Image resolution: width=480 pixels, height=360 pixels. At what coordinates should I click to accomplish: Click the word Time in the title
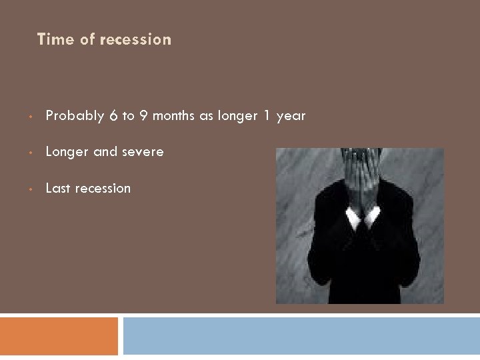click(x=55, y=39)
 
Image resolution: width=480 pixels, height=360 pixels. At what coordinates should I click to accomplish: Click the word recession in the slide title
click(x=135, y=39)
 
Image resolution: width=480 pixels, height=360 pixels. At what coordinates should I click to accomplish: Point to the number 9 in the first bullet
click(x=143, y=116)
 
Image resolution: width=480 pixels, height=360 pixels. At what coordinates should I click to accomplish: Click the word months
click(x=174, y=116)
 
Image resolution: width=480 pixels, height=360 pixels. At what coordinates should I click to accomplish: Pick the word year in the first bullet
click(x=291, y=116)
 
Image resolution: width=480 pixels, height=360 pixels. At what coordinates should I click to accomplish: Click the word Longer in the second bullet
click(x=67, y=152)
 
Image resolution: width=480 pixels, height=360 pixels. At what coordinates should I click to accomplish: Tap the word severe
click(x=142, y=152)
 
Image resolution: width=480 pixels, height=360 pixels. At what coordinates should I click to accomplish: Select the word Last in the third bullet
click(x=58, y=189)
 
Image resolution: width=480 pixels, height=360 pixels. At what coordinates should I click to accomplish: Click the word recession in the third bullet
click(x=103, y=189)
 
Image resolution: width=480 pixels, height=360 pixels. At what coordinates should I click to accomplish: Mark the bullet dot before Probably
click(x=31, y=117)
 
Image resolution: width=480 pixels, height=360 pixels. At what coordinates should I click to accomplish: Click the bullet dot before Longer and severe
click(x=31, y=153)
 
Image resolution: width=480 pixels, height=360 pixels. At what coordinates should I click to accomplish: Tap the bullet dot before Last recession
click(x=31, y=190)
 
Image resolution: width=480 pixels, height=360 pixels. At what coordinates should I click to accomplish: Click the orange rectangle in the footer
click(x=59, y=336)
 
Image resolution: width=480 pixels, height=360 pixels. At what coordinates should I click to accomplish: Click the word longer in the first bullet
click(x=233, y=116)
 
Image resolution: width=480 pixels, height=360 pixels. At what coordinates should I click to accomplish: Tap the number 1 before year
click(x=267, y=116)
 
